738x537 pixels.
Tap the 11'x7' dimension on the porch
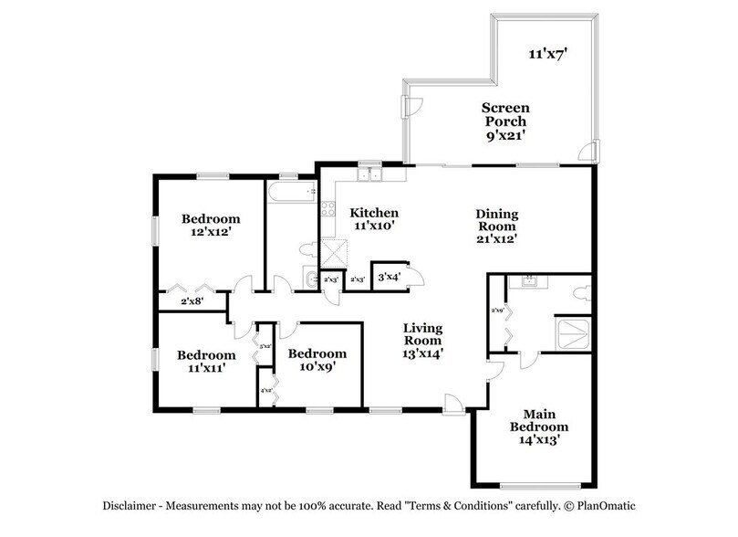(x=548, y=54)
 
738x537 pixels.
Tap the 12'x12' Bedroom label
(x=210, y=225)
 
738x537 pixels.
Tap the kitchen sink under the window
(x=370, y=174)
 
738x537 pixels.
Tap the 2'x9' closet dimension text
(x=498, y=311)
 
